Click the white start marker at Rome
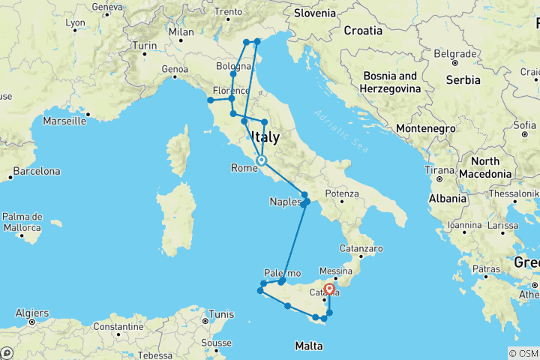261,160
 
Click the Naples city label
284,202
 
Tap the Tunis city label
220,313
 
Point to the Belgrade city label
454,54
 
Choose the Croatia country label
363,31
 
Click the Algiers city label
33,313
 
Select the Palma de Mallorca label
22,222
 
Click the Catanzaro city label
361,247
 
